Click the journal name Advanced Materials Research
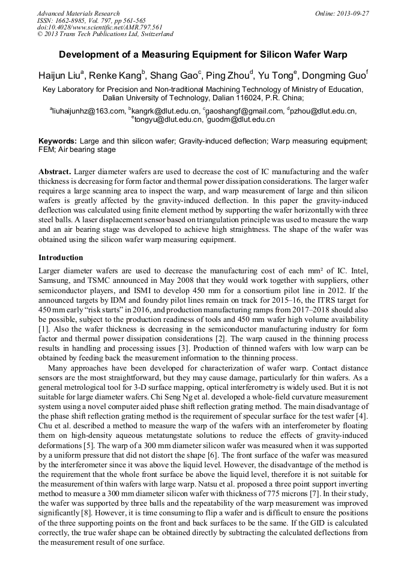pos(78,13)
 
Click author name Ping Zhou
pos(231,76)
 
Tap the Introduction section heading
pos(61,258)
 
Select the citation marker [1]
pos(43,330)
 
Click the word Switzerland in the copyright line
pos(156,34)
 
